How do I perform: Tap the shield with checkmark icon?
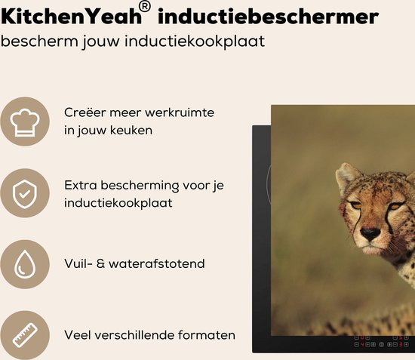(25, 193)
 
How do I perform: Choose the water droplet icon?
(25, 264)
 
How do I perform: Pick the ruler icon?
(25, 335)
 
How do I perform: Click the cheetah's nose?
(370, 235)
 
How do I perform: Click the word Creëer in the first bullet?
(85, 112)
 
